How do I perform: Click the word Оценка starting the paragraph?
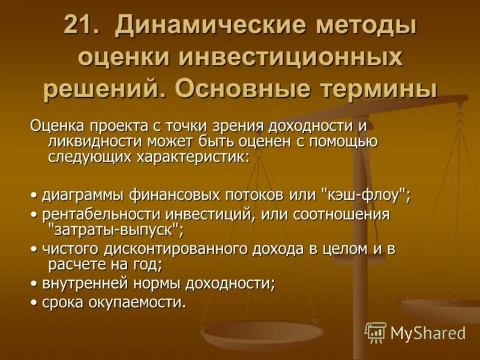[57, 126]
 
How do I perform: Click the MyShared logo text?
[428, 332]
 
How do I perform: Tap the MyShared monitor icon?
[376, 332]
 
